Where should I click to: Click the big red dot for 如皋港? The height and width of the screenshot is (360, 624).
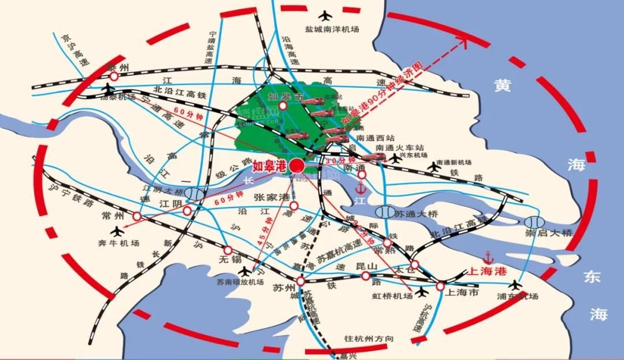(x=296, y=166)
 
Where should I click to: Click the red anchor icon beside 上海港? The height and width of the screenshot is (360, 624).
(x=488, y=256)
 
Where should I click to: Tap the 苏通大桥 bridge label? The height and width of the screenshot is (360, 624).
(x=416, y=214)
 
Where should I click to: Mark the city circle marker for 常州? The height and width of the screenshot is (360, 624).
(x=137, y=217)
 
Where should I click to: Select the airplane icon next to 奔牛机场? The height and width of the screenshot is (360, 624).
(x=119, y=232)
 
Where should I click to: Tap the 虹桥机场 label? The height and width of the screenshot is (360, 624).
(x=392, y=296)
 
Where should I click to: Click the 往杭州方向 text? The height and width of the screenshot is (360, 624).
(x=369, y=339)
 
